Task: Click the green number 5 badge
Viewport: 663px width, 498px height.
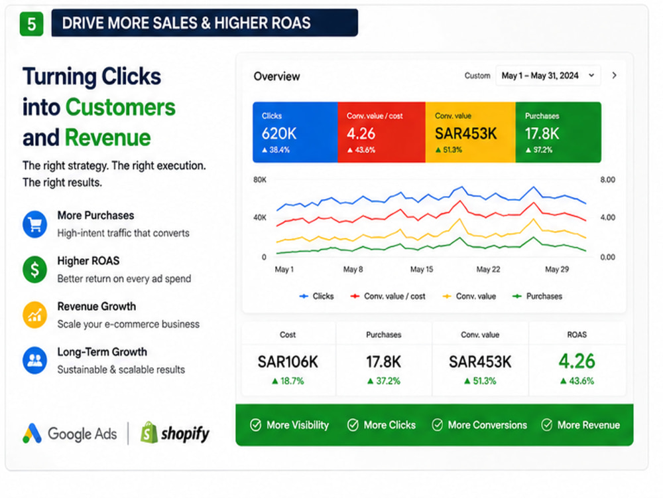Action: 31,24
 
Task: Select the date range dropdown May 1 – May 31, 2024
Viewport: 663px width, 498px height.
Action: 548,76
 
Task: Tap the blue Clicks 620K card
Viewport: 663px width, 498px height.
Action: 295,132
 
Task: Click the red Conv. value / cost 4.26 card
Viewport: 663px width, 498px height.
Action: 381,132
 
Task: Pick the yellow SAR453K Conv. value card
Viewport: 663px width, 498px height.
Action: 470,132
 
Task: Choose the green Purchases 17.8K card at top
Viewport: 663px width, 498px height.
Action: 558,132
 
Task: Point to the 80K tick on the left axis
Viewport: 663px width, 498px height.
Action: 260,180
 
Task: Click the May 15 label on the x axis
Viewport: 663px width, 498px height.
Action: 422,270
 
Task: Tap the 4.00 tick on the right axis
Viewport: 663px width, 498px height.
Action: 607,218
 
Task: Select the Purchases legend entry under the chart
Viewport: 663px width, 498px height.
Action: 537,296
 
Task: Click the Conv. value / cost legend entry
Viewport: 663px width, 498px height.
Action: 388,296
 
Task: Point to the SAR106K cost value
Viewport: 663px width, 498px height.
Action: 288,362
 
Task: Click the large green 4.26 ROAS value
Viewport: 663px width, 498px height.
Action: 577,361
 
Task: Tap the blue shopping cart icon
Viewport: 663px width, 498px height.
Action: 34,224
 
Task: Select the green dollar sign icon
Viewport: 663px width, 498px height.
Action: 34,270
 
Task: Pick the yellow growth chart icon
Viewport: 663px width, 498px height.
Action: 34,315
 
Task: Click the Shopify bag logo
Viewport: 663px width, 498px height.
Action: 149,433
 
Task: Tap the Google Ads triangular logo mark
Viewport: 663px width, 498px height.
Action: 32,433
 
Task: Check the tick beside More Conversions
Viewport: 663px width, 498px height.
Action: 437,425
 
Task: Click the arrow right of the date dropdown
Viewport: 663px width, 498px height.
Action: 615,76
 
